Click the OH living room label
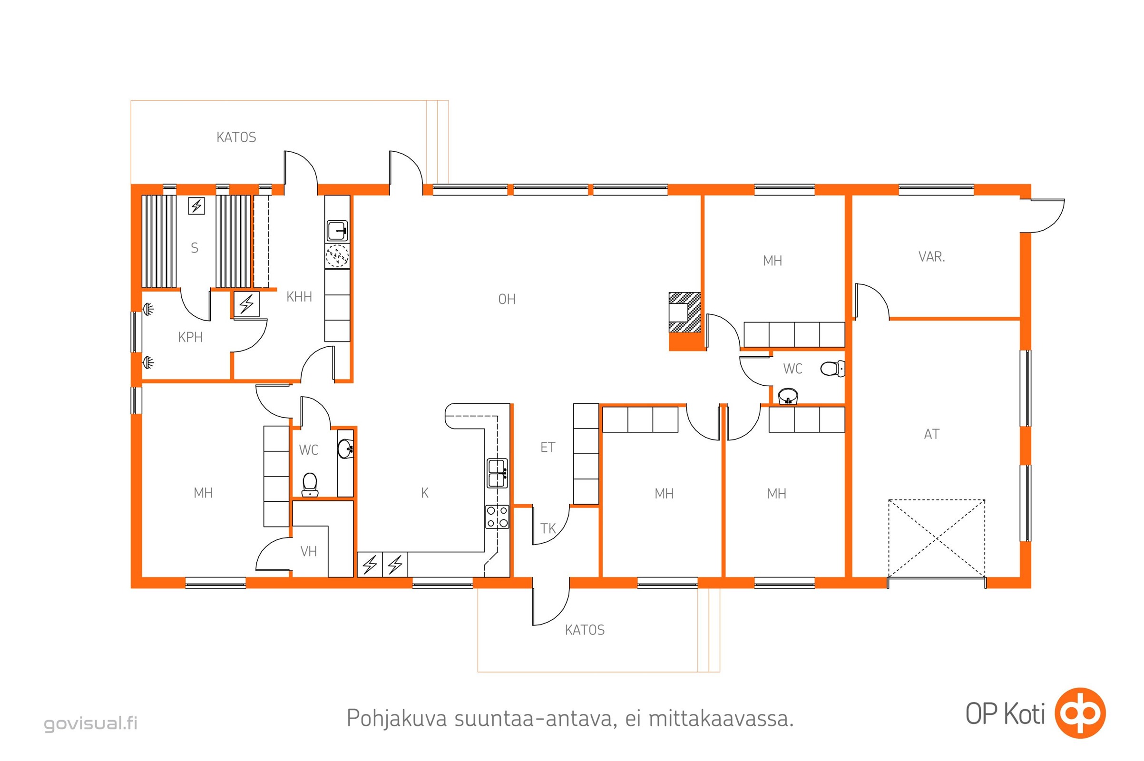point(507,299)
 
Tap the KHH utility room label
point(299,296)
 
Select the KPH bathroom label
point(190,337)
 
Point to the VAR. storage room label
point(931,256)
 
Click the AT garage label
point(931,434)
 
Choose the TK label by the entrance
point(548,528)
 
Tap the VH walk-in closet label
point(309,551)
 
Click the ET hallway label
point(548,447)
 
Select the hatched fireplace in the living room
point(684,312)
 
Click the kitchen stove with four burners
point(497,517)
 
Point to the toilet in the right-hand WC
point(832,368)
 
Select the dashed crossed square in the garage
point(936,538)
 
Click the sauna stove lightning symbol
point(196,206)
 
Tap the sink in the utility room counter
point(337,231)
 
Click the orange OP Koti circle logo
point(1080,713)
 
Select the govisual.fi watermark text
point(91,723)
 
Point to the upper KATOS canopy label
point(236,137)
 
